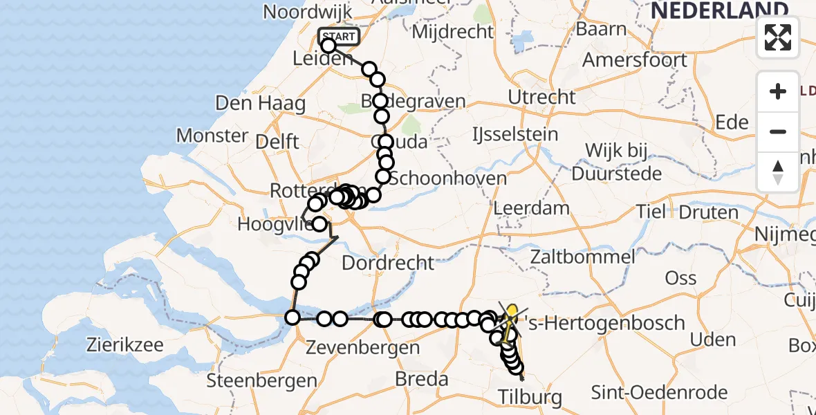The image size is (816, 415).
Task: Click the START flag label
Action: (339, 37)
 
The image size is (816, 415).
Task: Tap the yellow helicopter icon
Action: (510, 320)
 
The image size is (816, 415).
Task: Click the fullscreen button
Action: (778, 37)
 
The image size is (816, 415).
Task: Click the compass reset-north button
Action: (778, 172)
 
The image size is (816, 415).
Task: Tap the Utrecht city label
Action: (541, 97)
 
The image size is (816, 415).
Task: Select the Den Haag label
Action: (260, 104)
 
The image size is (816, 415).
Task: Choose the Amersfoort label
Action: (635, 59)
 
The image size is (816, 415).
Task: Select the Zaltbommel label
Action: (582, 257)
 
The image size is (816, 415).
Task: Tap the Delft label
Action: (277, 142)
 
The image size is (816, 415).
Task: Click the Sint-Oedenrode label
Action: (659, 393)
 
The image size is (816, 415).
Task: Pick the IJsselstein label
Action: (515, 133)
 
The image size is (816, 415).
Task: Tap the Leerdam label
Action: (532, 207)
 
